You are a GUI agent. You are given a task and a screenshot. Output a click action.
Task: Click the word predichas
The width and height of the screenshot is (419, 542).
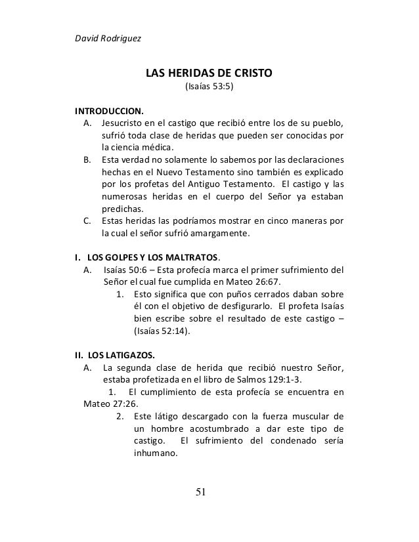point(122,208)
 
